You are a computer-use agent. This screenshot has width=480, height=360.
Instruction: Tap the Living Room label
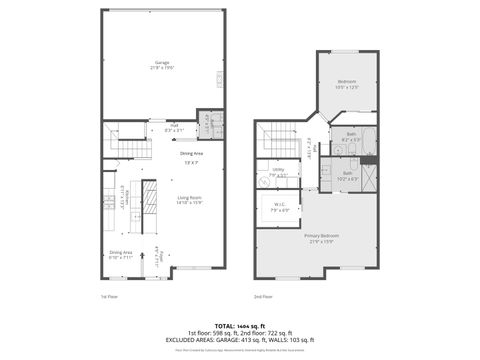pos(190,197)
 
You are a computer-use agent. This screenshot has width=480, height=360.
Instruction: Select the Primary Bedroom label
pos(320,236)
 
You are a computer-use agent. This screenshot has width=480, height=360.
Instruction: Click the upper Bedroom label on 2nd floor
pos(346,81)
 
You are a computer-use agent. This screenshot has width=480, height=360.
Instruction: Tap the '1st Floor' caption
pos(109,297)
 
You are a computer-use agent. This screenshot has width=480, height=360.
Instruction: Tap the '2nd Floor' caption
pos(264,297)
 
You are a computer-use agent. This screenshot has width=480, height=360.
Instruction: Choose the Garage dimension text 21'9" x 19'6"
pos(161,68)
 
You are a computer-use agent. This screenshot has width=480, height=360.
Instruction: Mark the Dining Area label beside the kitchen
pos(121,253)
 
